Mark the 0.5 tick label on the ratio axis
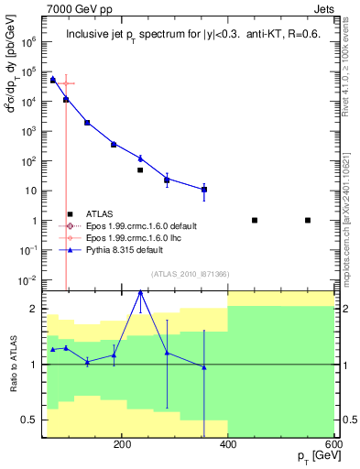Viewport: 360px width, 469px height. (x=32, y=420)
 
